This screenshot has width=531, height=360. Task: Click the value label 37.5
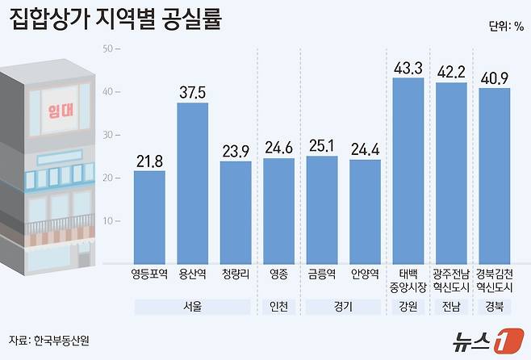click(193, 93)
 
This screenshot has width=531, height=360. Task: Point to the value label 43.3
click(408, 67)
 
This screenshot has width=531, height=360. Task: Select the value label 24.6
click(278, 148)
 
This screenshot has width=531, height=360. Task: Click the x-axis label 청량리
click(236, 275)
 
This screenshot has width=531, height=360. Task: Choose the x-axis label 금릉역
click(322, 275)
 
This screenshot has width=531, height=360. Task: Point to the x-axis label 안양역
click(366, 275)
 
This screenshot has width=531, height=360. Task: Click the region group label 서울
click(192, 307)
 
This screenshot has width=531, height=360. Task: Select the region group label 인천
click(278, 307)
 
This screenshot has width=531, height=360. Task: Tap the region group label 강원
click(408, 307)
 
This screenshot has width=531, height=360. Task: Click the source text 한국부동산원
click(61, 340)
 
